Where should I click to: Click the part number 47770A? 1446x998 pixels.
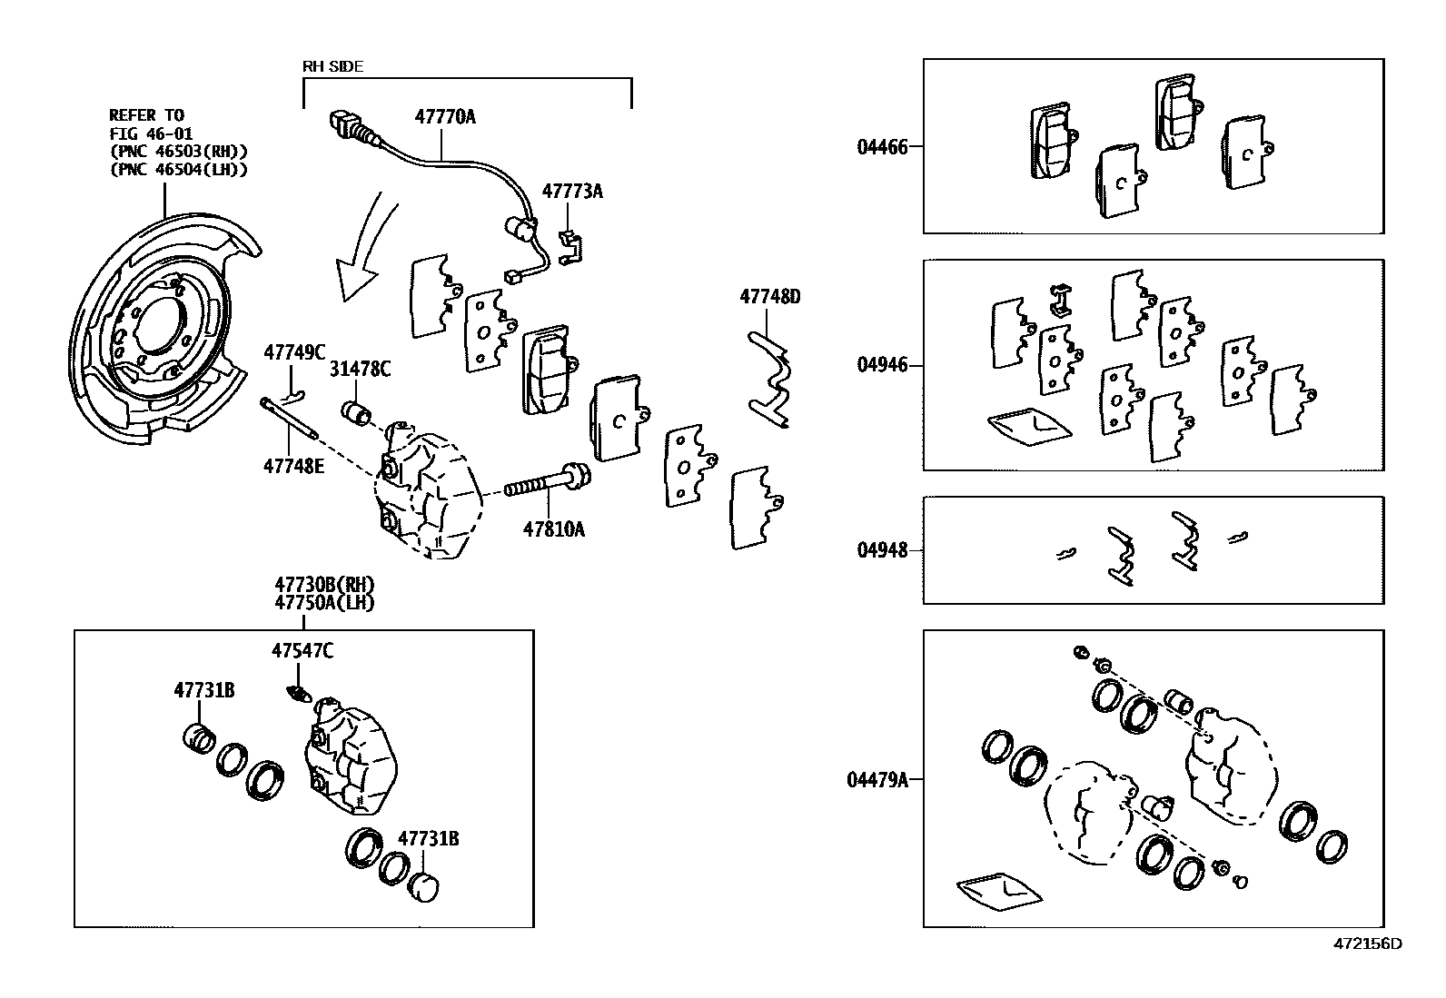tap(445, 117)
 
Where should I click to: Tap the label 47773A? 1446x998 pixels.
tap(572, 192)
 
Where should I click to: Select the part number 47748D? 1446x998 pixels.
tap(769, 297)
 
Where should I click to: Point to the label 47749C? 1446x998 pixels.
tap(294, 352)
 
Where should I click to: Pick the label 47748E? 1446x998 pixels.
tap(294, 466)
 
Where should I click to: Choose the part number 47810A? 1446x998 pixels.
tap(553, 529)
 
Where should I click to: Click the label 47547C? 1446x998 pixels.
tap(302, 650)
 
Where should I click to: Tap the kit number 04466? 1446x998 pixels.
tap(882, 146)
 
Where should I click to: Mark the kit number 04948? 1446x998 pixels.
tap(882, 550)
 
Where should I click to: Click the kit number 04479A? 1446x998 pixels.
tap(877, 779)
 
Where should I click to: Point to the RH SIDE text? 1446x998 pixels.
tap(332, 66)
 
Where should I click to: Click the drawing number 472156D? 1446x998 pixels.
tap(1367, 943)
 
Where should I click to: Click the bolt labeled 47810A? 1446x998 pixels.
tap(545, 484)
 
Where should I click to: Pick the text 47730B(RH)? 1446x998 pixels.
tap(324, 584)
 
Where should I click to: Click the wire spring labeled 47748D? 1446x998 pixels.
tap(772, 381)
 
